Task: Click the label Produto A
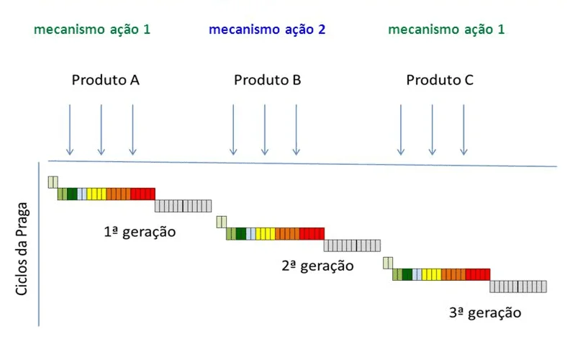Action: pos(105,80)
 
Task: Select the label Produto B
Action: pos(267,80)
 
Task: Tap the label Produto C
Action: pos(440,80)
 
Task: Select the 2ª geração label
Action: pos(317,266)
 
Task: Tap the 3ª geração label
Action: pos(484,312)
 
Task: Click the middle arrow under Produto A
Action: pos(101,130)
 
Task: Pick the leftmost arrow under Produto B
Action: pos(232,130)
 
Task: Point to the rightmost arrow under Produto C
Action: pos(463,130)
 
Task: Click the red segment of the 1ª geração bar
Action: pos(142,194)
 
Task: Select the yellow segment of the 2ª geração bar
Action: pos(265,233)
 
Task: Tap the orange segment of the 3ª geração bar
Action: pos(453,274)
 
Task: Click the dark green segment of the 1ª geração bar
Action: pos(72,194)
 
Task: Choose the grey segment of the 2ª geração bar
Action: pos(350,246)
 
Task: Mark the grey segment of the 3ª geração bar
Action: pos(518,286)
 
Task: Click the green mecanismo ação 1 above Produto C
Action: pos(446,30)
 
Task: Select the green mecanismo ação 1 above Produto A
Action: pos(92,30)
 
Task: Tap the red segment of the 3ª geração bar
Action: pos(477,274)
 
